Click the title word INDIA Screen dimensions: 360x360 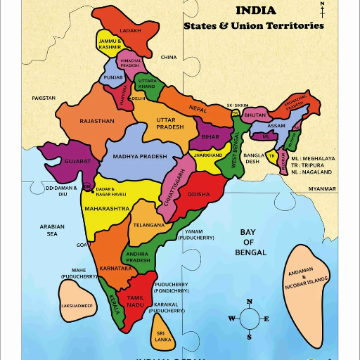click(x=255, y=11)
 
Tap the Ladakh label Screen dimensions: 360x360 click(x=131, y=31)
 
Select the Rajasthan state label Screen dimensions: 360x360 click(x=97, y=121)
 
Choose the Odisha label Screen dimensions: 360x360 click(x=199, y=194)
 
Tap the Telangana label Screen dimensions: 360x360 click(x=148, y=225)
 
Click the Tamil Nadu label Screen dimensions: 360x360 click(x=135, y=301)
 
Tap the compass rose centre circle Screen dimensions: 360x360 click(x=249, y=319)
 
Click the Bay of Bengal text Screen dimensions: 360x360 click(x=251, y=242)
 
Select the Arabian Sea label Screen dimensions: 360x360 click(x=52, y=231)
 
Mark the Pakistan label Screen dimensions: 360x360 click(x=44, y=98)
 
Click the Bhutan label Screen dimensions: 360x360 click(x=255, y=115)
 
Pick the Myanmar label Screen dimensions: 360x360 click(x=323, y=189)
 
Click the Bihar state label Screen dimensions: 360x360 click(x=210, y=136)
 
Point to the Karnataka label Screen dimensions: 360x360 click(x=115, y=269)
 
